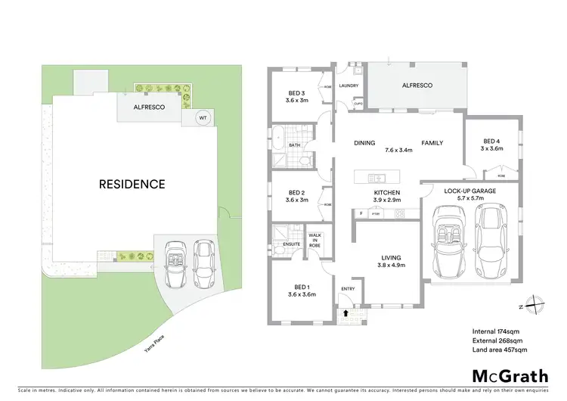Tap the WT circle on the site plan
coord(203,117)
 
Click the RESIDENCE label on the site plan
coord(131,184)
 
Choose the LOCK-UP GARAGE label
coord(469,191)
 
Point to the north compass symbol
coord(535,305)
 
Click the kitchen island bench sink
coord(375,179)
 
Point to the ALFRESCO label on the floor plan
coord(417,86)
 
